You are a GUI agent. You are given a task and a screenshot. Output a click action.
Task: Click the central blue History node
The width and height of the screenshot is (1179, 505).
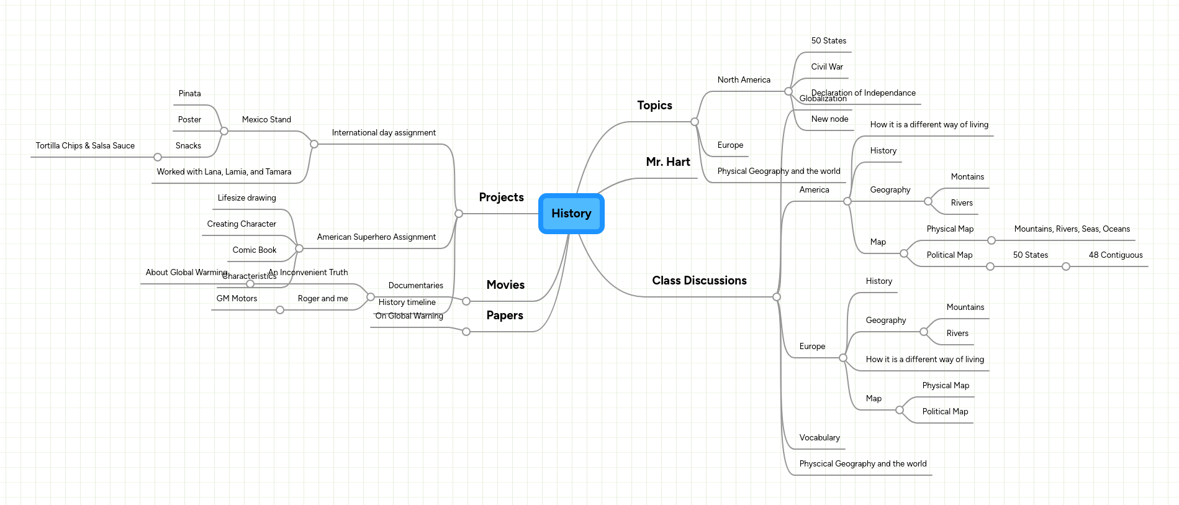point(571,214)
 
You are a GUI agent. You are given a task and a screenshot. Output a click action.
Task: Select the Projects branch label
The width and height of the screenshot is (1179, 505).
point(501,198)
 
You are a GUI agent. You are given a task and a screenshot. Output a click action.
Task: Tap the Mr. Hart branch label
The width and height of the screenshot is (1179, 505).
point(667,162)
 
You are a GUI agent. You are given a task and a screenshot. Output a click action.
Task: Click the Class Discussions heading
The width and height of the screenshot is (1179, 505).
point(699,281)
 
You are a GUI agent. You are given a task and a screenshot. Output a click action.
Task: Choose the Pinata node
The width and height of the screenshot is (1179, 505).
point(189,94)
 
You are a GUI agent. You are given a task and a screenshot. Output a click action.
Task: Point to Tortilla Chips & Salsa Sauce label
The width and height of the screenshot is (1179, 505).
point(85,146)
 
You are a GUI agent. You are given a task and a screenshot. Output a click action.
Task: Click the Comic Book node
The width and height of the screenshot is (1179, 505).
point(254,250)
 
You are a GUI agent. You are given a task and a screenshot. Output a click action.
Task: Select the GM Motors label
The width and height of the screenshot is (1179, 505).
point(237,299)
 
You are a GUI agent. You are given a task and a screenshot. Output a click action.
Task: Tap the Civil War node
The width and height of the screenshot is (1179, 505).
point(826,67)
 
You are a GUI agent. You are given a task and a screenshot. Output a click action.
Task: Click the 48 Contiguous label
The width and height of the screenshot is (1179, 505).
point(1115,255)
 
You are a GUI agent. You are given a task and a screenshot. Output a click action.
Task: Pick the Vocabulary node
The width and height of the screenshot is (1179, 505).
point(819,438)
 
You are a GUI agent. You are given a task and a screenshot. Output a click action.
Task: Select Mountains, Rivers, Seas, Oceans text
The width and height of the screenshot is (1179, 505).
point(1072,229)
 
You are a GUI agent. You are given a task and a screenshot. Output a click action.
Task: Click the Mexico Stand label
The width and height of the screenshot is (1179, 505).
point(266,120)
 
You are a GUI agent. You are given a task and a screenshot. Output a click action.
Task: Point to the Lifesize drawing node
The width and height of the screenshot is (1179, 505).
point(246,198)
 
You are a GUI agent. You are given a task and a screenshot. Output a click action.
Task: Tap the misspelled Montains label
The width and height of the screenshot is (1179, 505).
point(967,177)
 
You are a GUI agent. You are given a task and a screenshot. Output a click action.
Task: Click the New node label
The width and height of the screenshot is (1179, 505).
point(829,119)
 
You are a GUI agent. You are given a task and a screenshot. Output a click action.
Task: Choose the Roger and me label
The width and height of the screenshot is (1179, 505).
point(322,299)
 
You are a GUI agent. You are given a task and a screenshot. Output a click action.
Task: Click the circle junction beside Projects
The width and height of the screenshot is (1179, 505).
point(459,214)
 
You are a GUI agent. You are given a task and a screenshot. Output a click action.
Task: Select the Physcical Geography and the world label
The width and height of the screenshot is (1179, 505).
point(862,464)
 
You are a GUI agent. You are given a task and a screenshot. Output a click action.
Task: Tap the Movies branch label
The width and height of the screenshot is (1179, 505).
point(505,285)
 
